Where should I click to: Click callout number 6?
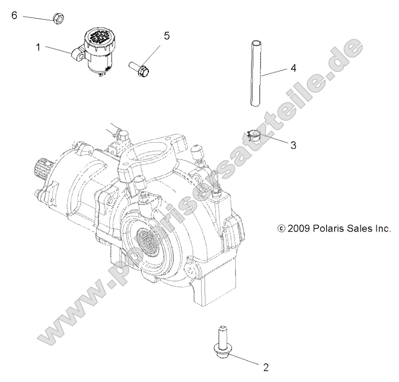click(x=14, y=16)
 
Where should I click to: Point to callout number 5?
click(x=166, y=36)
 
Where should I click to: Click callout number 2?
click(x=266, y=367)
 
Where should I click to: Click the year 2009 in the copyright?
click(x=299, y=229)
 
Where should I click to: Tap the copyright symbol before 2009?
click(x=280, y=229)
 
